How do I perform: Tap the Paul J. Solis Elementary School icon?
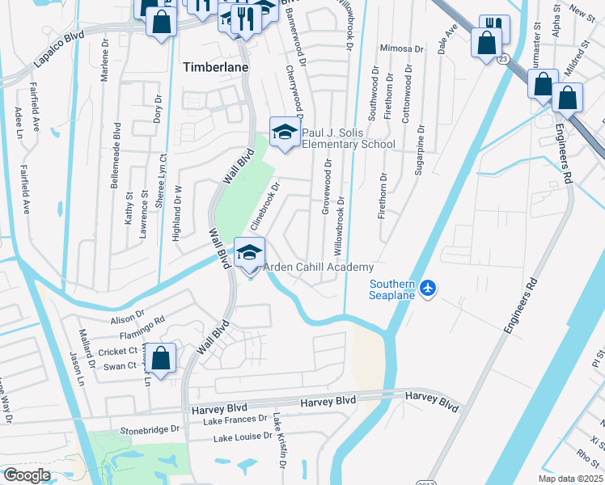(x=285, y=133)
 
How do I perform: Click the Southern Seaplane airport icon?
(x=429, y=288)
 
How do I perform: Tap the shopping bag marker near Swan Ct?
(x=162, y=360)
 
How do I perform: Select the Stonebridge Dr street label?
(x=150, y=431)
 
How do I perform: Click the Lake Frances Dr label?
(x=235, y=419)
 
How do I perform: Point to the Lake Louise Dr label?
(x=241, y=437)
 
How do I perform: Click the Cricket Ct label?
(x=118, y=352)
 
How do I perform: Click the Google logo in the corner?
(x=27, y=475)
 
